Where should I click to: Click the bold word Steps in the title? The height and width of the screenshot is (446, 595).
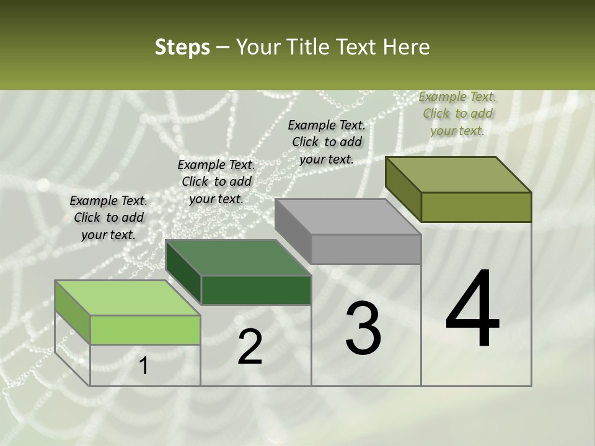click(x=182, y=48)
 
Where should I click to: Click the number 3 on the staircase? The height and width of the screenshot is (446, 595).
click(x=363, y=329)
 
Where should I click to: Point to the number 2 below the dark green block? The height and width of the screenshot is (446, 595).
click(x=250, y=348)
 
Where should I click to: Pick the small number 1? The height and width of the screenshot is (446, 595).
click(x=144, y=366)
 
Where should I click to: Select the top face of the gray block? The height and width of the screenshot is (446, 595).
click(x=348, y=217)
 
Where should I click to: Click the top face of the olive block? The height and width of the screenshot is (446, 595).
click(x=458, y=175)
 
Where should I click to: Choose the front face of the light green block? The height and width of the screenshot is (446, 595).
click(x=145, y=330)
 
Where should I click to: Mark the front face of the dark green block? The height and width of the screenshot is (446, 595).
click(x=256, y=290)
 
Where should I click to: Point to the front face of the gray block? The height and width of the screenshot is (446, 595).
click(x=366, y=249)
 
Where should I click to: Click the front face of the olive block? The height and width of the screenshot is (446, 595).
click(x=476, y=207)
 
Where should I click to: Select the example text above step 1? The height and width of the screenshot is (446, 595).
click(x=108, y=217)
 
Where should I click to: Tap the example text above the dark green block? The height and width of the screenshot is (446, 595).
click(x=216, y=181)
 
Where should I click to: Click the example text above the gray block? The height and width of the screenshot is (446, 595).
click(x=327, y=142)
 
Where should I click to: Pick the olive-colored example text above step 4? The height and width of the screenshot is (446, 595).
click(x=457, y=113)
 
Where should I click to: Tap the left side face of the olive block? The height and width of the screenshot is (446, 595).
click(x=403, y=188)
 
